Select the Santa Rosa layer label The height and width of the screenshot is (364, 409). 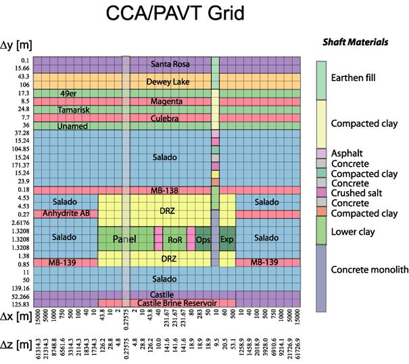click(170, 65)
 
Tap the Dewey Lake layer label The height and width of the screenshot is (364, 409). click(170, 82)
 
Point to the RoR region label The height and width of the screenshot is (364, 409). click(176, 240)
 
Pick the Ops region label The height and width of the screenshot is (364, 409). click(203, 240)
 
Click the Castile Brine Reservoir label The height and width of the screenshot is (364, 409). click(170, 303)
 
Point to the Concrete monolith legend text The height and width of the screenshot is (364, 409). click(369, 269)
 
